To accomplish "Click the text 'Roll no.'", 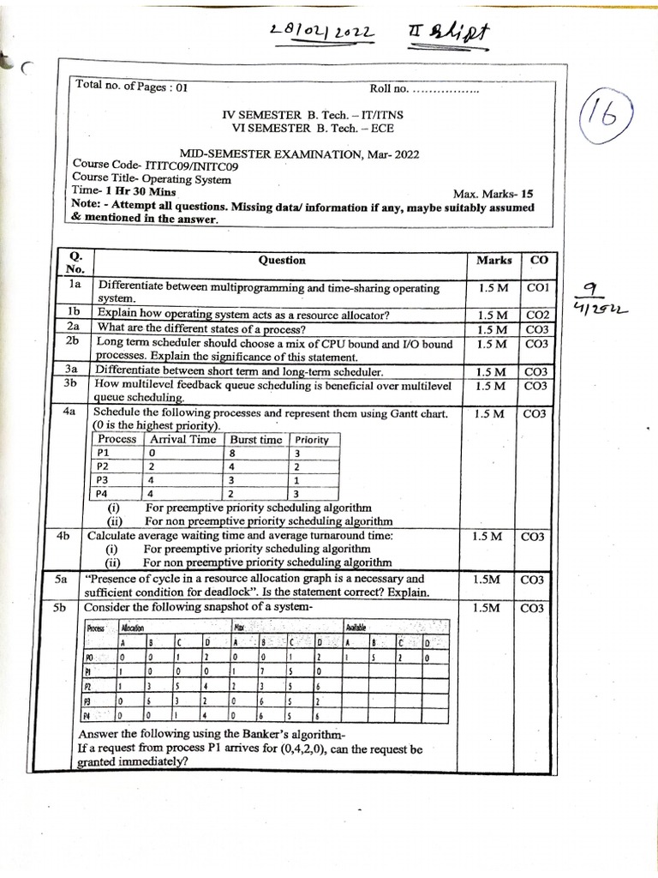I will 390,87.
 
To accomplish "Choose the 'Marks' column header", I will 493,260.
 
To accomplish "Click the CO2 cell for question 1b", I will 536,316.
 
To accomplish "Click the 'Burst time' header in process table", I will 256,439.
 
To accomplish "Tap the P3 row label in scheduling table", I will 104,480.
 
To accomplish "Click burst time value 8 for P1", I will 232,454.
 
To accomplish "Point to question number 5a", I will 61,580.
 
